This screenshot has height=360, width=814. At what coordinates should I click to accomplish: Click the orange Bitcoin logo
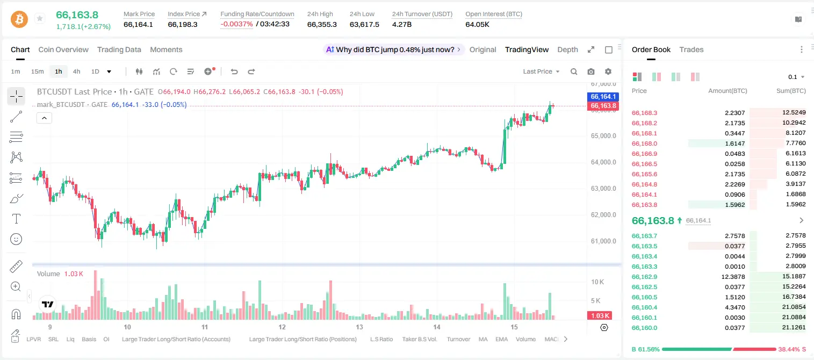click(x=19, y=19)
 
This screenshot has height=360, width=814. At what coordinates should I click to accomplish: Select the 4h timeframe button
click(x=76, y=71)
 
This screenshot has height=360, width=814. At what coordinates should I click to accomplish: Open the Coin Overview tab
click(x=63, y=49)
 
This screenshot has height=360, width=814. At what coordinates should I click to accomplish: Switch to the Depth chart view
click(x=567, y=49)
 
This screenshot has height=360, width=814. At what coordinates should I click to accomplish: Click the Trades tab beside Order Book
click(x=691, y=49)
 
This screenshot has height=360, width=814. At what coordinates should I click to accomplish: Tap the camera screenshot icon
click(x=591, y=71)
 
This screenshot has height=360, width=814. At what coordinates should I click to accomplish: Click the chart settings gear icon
click(x=608, y=71)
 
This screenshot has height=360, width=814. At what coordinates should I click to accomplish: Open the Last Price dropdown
click(x=541, y=71)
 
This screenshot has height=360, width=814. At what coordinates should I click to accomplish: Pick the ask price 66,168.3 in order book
click(x=644, y=113)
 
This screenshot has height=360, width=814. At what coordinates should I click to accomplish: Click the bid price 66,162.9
click(x=644, y=277)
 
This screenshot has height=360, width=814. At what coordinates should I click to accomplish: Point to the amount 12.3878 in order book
click(x=733, y=277)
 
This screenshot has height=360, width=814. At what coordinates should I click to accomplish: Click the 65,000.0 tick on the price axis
click(x=603, y=136)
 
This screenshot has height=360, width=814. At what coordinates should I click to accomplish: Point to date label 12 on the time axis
click(x=282, y=327)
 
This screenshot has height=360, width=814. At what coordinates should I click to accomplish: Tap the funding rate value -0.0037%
click(x=236, y=24)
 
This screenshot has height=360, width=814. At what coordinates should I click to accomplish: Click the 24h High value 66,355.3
click(x=322, y=24)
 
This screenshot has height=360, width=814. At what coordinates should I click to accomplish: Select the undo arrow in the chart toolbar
click(x=234, y=71)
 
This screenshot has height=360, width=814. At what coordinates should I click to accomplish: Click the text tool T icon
click(x=16, y=219)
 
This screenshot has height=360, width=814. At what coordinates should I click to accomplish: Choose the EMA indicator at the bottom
click(x=501, y=339)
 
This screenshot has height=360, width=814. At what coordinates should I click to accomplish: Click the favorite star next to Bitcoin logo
click(x=40, y=18)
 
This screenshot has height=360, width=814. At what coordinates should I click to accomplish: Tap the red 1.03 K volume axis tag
click(x=600, y=316)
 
